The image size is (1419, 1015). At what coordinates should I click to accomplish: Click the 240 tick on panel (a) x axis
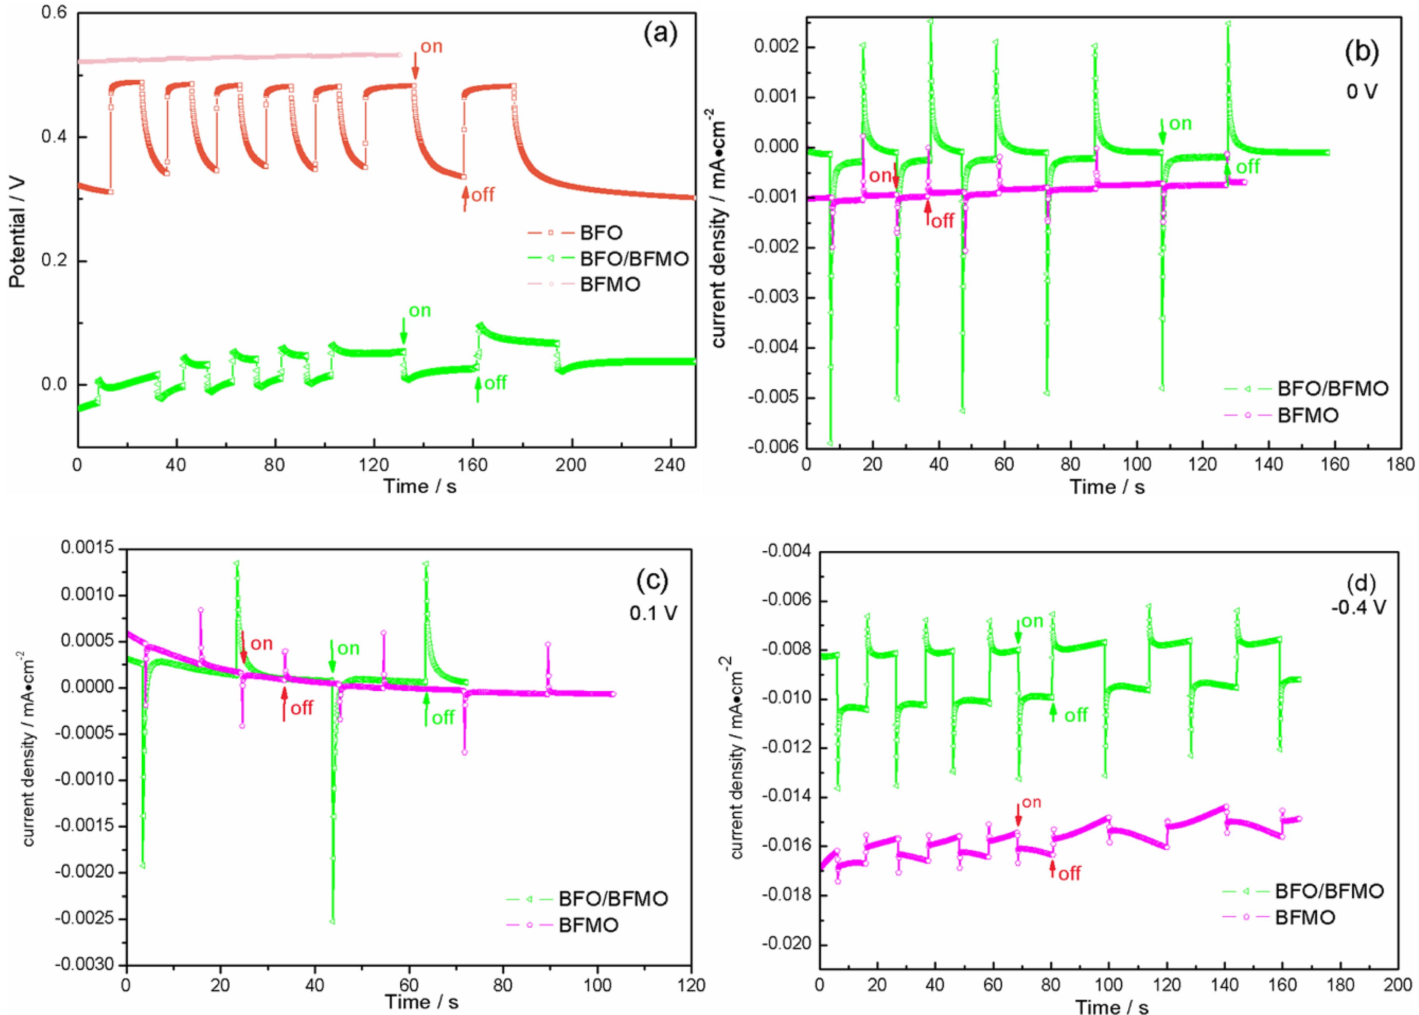tap(671, 465)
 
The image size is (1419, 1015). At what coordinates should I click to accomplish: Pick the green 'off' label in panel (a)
tap(495, 382)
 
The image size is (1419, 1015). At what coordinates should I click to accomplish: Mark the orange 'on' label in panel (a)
tap(431, 46)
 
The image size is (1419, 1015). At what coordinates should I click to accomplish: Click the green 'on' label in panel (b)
tap(1180, 124)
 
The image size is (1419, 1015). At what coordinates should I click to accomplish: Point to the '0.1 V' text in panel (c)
tap(653, 613)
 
